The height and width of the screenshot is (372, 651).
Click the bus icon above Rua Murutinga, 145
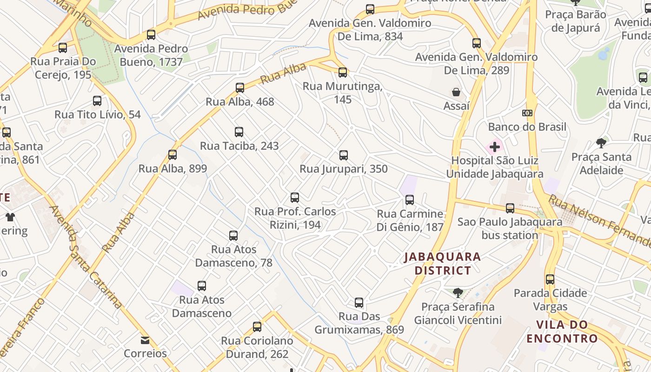(x=343, y=72)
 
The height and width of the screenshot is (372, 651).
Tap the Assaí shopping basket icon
(x=456, y=92)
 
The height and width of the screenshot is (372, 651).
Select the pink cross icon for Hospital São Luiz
(x=495, y=147)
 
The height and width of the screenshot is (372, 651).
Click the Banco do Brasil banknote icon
(x=527, y=113)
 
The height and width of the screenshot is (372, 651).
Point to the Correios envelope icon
(x=145, y=340)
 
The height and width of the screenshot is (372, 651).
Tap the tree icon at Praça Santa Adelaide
(x=601, y=143)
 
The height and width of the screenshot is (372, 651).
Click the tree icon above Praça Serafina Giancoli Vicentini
(x=458, y=292)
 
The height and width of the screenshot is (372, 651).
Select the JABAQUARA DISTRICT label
(x=442, y=263)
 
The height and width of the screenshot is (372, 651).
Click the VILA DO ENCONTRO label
(x=562, y=331)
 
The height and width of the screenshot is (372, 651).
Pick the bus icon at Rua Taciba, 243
(x=239, y=132)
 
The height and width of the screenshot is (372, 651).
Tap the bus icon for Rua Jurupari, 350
(x=344, y=155)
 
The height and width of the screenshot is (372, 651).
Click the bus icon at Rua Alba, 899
(x=173, y=155)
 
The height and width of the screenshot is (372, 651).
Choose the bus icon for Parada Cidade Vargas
(x=550, y=279)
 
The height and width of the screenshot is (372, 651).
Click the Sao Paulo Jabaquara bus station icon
(x=510, y=208)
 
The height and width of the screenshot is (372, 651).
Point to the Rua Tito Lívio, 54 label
(x=98, y=114)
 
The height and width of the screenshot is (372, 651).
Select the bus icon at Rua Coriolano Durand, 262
(x=257, y=327)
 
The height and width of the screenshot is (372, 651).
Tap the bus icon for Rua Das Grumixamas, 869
(x=359, y=303)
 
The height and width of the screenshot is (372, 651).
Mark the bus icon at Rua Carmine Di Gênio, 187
(x=410, y=200)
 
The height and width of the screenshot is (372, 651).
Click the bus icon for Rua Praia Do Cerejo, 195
(x=63, y=47)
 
